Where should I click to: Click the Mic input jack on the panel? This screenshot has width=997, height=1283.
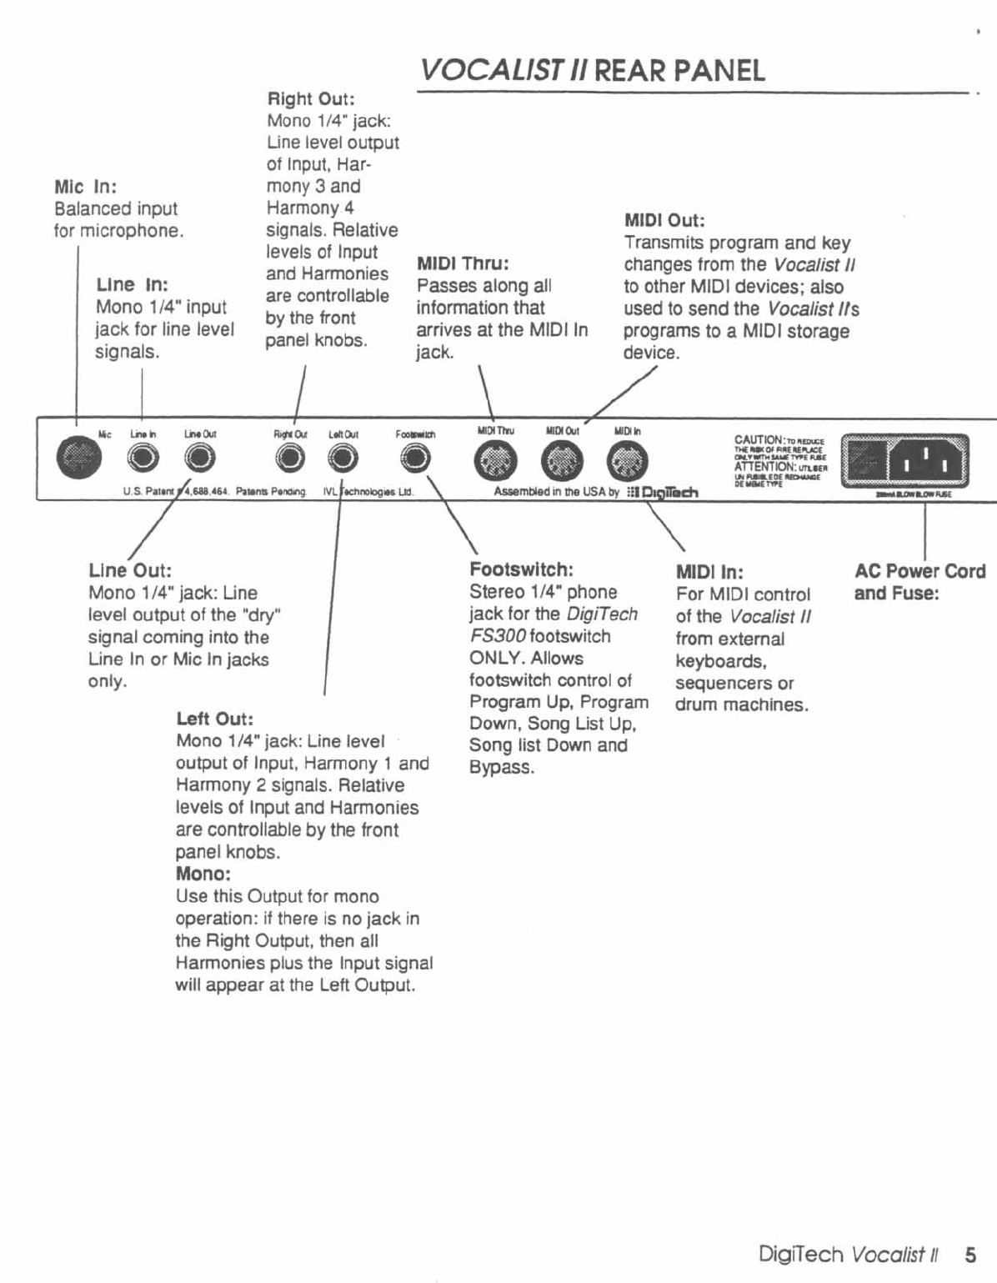pyautogui.click(x=78, y=458)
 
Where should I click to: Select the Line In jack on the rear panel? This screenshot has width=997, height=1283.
pyautogui.click(x=143, y=458)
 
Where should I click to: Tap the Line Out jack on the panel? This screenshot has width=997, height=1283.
pyautogui.click(x=199, y=458)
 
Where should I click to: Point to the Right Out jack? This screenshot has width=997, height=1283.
pyautogui.click(x=290, y=458)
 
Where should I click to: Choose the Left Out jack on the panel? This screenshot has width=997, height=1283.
pyautogui.click(x=343, y=458)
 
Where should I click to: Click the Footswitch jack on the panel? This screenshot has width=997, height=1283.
pyautogui.click(x=415, y=458)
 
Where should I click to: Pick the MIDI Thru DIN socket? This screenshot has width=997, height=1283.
pyautogui.click(x=495, y=461)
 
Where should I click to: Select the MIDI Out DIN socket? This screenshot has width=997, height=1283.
pyautogui.click(x=562, y=461)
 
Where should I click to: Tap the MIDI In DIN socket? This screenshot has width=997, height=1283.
pyautogui.click(x=626, y=461)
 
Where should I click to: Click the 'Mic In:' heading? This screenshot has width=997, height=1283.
pyautogui.click(x=85, y=187)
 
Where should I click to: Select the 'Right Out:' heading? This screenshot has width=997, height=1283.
pyautogui.click(x=310, y=99)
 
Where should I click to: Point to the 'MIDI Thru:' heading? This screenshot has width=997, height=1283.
pyautogui.click(x=463, y=263)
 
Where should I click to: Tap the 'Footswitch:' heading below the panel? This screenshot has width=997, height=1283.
pyautogui.click(x=521, y=570)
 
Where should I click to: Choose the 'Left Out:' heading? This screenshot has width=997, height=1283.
pyautogui.click(x=214, y=719)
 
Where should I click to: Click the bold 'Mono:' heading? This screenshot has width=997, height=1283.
pyautogui.click(x=203, y=875)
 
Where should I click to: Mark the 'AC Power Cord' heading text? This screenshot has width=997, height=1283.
pyautogui.click(x=919, y=572)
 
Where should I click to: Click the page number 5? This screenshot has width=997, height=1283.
pyautogui.click(x=970, y=1255)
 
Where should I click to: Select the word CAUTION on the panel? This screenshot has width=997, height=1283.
pyautogui.click(x=758, y=439)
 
